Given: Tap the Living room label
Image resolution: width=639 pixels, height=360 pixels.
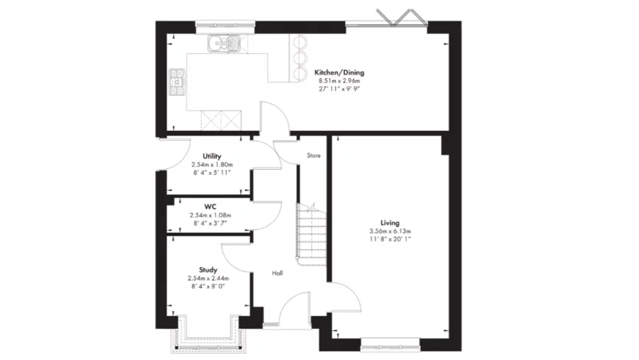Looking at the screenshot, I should pyautogui.click(x=390, y=222).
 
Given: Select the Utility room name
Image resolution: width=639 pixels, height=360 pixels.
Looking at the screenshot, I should pyautogui.click(x=212, y=156).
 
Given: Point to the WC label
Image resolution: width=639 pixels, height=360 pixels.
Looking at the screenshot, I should pyautogui.click(x=210, y=207).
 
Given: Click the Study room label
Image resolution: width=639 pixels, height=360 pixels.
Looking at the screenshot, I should pyautogui.click(x=208, y=269).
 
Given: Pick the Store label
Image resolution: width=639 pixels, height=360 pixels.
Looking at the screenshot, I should pyautogui.click(x=313, y=155).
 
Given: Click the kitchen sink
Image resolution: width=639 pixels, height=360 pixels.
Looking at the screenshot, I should pyautogui.click(x=226, y=44).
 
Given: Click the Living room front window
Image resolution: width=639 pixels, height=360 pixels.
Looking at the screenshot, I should pyautogui.click(x=390, y=348).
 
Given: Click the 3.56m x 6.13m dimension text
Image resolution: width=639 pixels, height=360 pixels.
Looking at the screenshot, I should pyautogui.click(x=390, y=231).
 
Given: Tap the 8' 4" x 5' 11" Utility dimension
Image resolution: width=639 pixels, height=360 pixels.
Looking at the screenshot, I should pyautogui.click(x=212, y=173).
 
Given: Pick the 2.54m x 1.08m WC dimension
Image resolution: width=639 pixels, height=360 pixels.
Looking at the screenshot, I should pyautogui.click(x=210, y=215).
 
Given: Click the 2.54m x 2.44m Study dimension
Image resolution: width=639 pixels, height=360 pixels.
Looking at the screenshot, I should pyautogui.click(x=208, y=278).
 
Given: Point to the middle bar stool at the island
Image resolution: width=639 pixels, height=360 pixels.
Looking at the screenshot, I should pyautogui.click(x=298, y=56).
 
